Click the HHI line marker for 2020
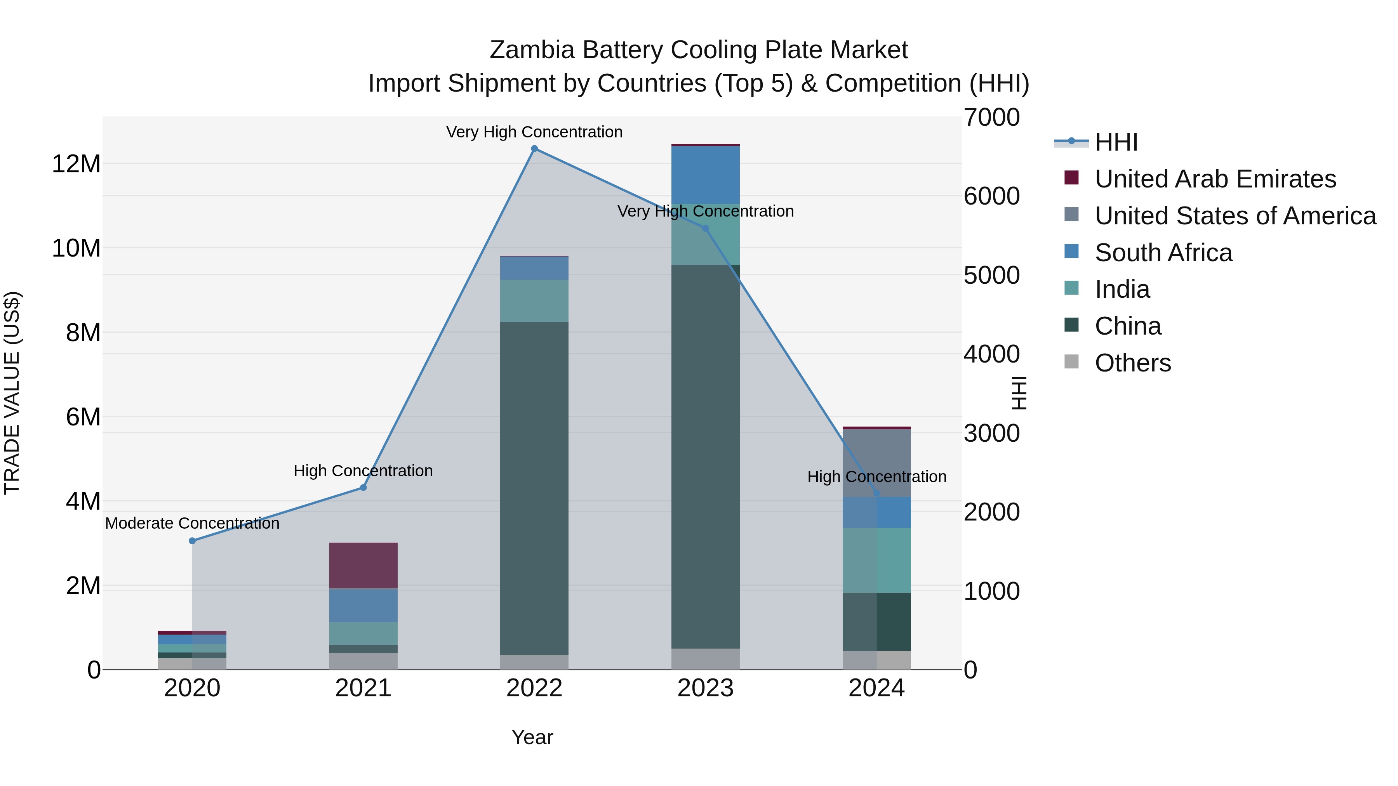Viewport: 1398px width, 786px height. coord(192,541)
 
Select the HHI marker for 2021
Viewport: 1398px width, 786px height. coord(363,488)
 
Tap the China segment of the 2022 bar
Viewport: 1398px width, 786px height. coord(534,488)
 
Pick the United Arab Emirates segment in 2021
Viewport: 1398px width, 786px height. coord(363,565)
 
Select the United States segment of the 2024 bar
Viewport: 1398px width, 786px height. coord(876,463)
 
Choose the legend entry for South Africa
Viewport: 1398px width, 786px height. coord(1163,253)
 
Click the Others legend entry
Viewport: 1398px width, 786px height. coord(1133,363)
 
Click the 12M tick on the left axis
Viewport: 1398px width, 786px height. coord(76,164)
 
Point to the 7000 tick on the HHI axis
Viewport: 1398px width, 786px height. coord(991,118)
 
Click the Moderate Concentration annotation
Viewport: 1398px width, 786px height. coord(192,524)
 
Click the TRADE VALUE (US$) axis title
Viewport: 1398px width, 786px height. coord(12,393)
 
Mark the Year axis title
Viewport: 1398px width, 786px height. coord(532,737)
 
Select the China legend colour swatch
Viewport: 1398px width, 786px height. coord(1071,326)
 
